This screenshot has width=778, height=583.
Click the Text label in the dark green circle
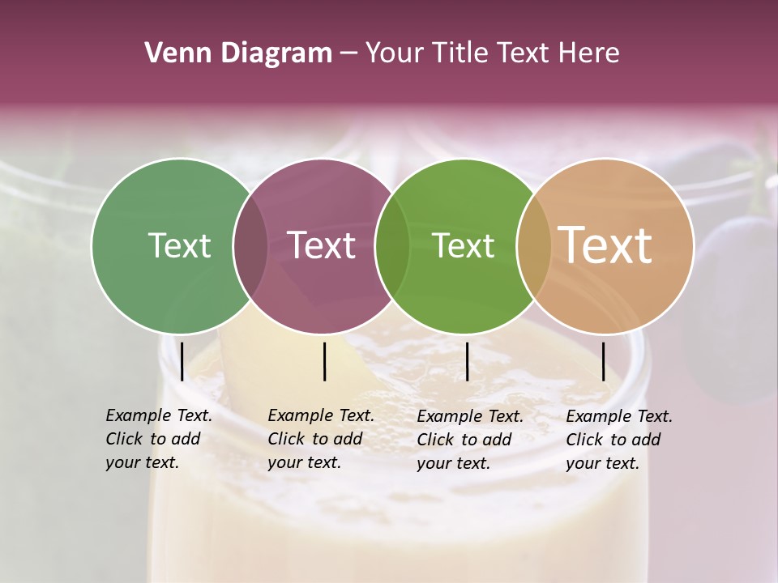point(179,245)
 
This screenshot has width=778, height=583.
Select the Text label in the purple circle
point(321,245)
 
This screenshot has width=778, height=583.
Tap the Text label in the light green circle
point(463,245)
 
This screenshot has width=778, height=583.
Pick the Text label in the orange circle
point(605,245)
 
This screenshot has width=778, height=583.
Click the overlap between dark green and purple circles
point(250,245)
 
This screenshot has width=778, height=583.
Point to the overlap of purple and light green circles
point(392,245)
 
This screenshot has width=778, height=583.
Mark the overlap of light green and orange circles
point(533,245)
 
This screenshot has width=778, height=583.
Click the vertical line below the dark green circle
point(182,361)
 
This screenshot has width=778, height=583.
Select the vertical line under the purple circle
point(324,361)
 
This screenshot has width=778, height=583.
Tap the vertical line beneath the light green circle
point(467,361)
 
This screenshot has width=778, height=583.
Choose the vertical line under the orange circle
point(603,361)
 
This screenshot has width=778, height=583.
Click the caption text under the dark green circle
point(158,439)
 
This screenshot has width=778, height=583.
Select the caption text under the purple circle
point(320,439)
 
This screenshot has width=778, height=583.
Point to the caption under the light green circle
point(469,440)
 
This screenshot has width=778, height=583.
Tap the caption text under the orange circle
point(618,440)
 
